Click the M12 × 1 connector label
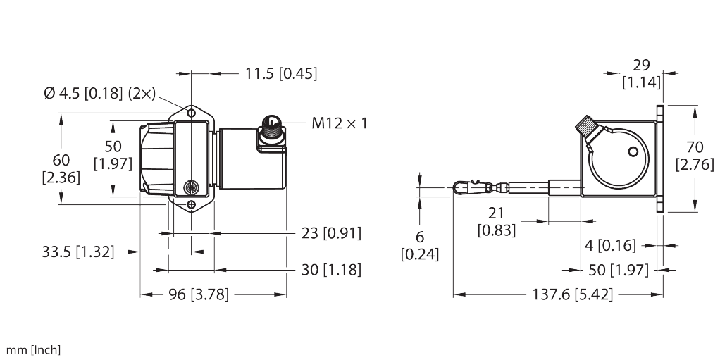[x=340, y=124]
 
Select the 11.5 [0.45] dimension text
[x=281, y=73]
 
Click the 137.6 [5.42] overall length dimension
[x=573, y=294]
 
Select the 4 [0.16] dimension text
[x=610, y=245]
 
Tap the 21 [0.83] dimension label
[x=497, y=221]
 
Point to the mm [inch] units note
[x=33, y=350]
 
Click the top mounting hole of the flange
[x=190, y=113]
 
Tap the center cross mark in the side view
[x=618, y=159]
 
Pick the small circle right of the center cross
[x=634, y=152]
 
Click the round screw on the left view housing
[x=190, y=187]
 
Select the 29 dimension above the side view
[x=641, y=65]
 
